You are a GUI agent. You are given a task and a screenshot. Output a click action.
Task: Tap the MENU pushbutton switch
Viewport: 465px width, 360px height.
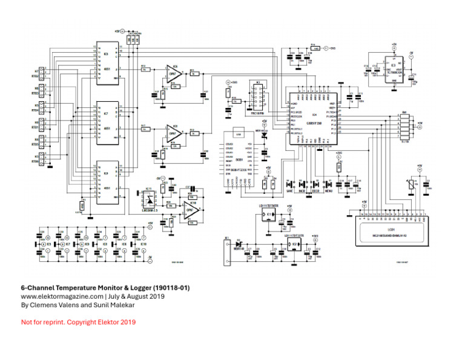pos(328,184)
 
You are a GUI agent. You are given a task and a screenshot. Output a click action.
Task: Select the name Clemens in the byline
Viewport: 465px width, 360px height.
pos(44,305)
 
